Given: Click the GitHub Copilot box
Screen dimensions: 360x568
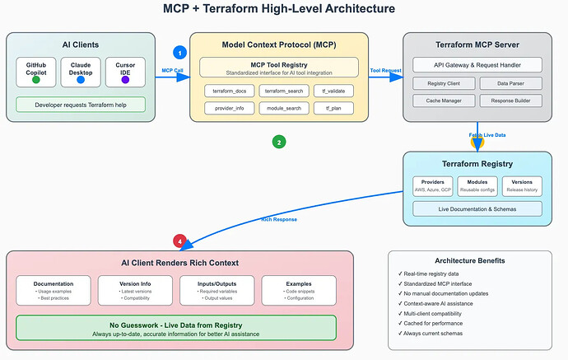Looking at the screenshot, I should [35, 72].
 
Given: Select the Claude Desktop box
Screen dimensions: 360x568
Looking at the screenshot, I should [80, 72].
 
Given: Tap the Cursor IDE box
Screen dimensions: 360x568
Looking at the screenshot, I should [125, 72].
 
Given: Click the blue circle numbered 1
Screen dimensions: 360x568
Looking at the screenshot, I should [181, 52].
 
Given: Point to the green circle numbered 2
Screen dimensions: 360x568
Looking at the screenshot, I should [279, 142].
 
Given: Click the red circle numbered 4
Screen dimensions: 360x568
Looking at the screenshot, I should [179, 241].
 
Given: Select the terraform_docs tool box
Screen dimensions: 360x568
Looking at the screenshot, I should [230, 90].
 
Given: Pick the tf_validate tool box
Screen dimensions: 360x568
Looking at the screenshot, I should [336, 90].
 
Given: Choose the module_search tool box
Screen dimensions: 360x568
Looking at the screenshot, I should [283, 108].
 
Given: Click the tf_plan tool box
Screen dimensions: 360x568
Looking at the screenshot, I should [336, 108].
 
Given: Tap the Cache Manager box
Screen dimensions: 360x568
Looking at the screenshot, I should [443, 101].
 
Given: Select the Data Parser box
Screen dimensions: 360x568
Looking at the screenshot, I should [510, 83].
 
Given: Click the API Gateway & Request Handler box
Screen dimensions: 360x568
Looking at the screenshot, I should [477, 64].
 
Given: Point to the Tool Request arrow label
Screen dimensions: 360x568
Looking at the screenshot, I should [385, 71].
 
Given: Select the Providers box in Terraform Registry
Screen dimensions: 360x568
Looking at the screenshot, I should [433, 185].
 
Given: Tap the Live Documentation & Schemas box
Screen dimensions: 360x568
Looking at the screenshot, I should [477, 208].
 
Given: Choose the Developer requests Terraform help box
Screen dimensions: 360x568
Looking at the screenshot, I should [80, 105].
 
